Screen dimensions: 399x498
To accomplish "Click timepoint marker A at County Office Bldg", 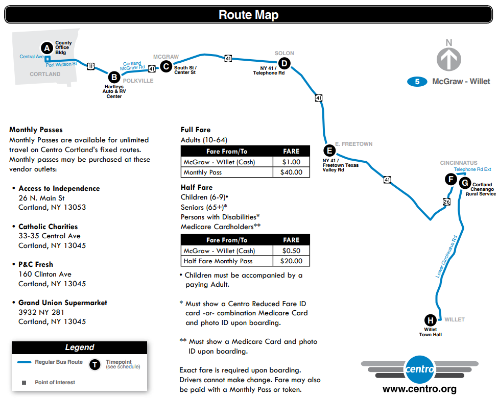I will point(47,48).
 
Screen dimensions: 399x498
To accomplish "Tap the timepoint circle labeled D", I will point(284,63).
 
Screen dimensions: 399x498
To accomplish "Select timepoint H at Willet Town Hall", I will point(431,320).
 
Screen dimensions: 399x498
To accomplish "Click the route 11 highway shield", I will point(90,65).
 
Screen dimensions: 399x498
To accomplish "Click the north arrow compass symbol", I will point(448,59).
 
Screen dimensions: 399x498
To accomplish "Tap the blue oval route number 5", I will point(417,82).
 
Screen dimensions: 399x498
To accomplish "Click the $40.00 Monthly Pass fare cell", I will point(291,172).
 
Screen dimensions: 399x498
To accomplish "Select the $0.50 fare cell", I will point(291,251).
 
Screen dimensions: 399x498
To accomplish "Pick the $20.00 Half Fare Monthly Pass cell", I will point(291,261).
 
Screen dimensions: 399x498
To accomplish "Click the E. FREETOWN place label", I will point(353,144).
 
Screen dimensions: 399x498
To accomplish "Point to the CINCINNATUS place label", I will point(458,163).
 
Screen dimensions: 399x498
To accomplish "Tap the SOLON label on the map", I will point(284,53).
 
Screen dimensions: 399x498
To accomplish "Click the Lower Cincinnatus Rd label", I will point(446,256).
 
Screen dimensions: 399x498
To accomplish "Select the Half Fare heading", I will point(197,187).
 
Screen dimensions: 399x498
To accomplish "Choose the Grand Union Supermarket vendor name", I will point(63,303).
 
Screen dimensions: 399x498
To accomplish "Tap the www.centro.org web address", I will point(419,389).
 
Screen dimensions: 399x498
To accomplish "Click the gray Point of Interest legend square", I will point(23,382).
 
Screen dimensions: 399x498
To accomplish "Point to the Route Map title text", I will point(248,15).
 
